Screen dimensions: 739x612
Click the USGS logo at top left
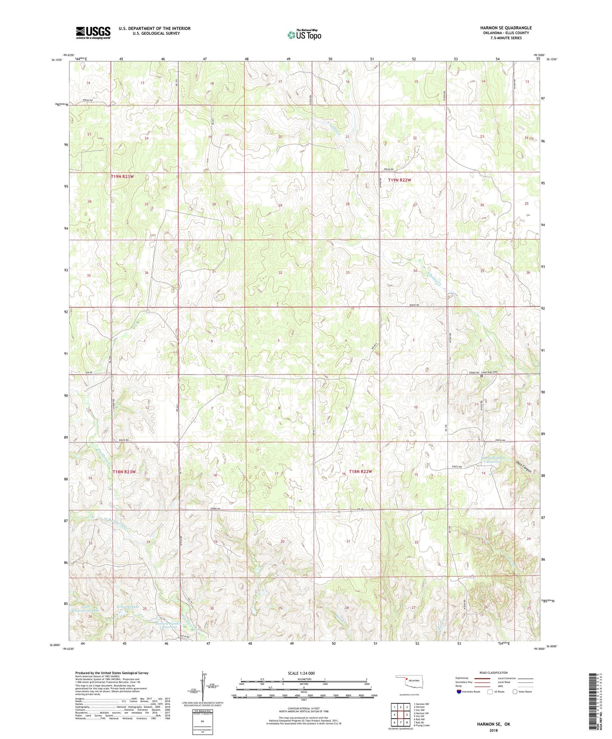click(x=93, y=33)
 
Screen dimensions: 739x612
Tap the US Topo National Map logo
click(x=304, y=35)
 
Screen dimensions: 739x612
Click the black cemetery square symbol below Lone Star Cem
click(x=482, y=376)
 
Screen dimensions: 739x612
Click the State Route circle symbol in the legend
click(x=515, y=692)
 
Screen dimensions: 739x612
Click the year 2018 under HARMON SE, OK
click(x=493, y=730)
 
